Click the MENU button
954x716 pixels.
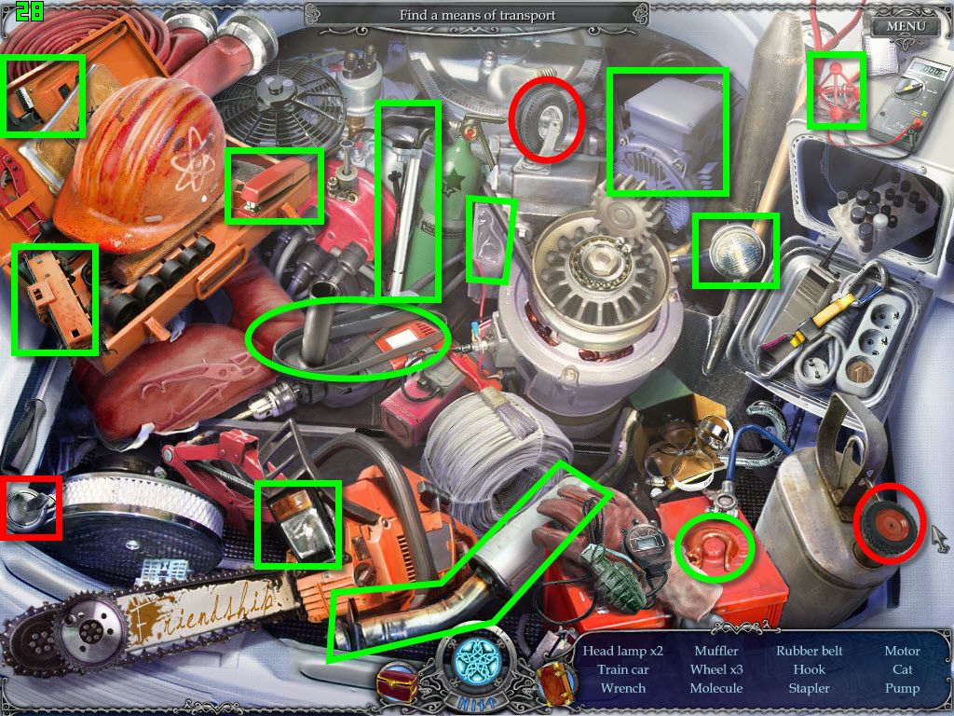[x=906, y=27]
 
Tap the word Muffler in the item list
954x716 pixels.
[x=716, y=651]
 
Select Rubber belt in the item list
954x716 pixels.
[x=810, y=651]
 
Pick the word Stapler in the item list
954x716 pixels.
[x=810, y=689]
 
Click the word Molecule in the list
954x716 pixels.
[x=716, y=689]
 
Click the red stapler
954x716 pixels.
[x=273, y=186]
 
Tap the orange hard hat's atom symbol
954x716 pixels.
[x=193, y=164]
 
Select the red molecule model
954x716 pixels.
[x=836, y=91]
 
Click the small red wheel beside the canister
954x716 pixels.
[x=889, y=525]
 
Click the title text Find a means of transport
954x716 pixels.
[x=477, y=15]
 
